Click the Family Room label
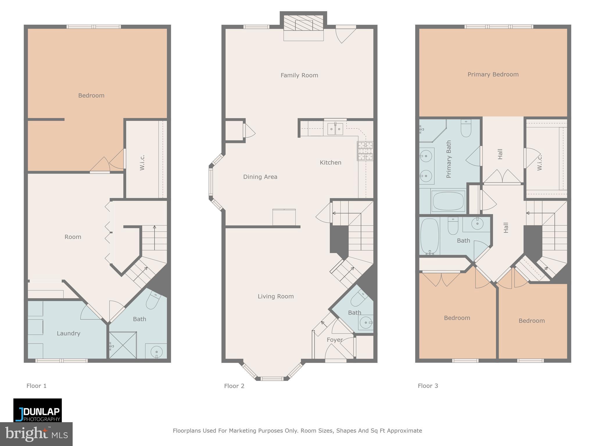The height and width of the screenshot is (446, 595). (299, 75)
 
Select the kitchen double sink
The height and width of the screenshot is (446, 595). (335, 129)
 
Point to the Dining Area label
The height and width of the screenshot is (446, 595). (260, 177)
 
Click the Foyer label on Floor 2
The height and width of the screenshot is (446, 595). (335, 340)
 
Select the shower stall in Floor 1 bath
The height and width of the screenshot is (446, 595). (122, 345)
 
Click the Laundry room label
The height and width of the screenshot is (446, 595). (68, 333)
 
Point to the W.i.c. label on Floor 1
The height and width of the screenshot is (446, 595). (142, 163)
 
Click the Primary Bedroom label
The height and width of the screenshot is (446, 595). (493, 75)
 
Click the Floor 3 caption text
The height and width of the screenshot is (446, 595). (428, 386)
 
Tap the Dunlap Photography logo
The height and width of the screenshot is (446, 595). (37, 410)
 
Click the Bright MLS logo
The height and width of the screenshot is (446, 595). (36, 434)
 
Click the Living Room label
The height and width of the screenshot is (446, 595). (276, 296)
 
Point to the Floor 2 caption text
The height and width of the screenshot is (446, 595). (234, 386)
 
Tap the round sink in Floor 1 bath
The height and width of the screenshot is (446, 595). (157, 352)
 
